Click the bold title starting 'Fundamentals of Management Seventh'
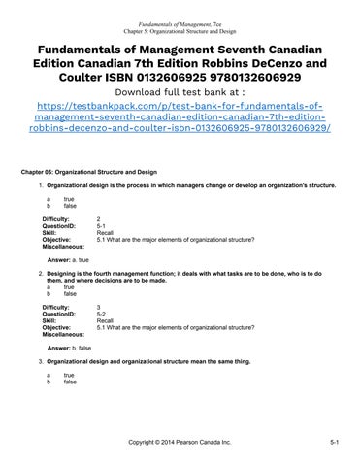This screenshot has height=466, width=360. tap(180, 63)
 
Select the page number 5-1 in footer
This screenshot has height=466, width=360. tap(332, 442)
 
